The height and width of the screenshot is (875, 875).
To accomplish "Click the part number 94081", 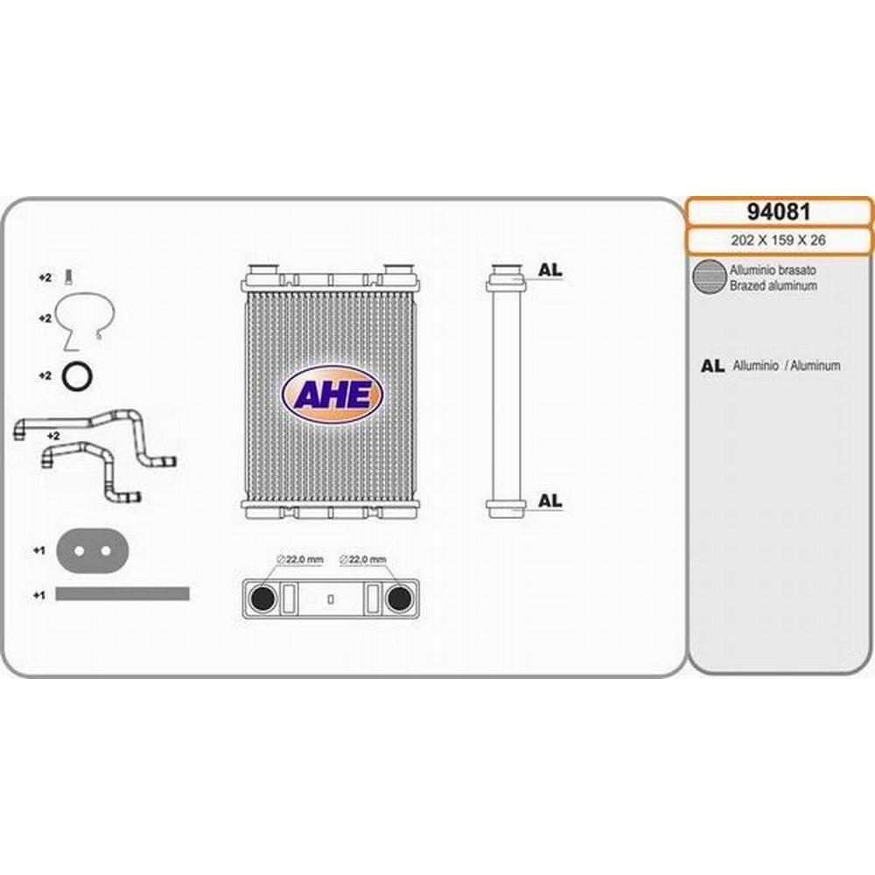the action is pyautogui.click(x=779, y=212).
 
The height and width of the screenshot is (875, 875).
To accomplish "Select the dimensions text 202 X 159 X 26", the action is pyautogui.click(x=778, y=241).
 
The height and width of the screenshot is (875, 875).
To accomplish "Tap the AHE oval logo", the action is pyautogui.click(x=332, y=395).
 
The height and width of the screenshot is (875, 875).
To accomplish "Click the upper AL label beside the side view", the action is pyautogui.click(x=549, y=270).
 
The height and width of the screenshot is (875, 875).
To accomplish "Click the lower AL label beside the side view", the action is pyautogui.click(x=549, y=501).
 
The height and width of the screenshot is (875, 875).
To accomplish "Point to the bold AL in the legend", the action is pyautogui.click(x=712, y=366).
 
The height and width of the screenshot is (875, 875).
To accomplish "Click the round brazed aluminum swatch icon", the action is pyautogui.click(x=709, y=276).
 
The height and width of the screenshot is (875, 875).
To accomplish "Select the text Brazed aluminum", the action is pyautogui.click(x=773, y=286).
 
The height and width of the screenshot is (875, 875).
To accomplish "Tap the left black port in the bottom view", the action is pyautogui.click(x=262, y=598).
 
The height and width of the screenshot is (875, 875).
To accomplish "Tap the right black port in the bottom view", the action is pyautogui.click(x=400, y=598).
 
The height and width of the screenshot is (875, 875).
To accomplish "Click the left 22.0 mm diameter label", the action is pyautogui.click(x=299, y=559).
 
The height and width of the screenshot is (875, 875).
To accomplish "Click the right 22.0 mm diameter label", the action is pyautogui.click(x=363, y=559).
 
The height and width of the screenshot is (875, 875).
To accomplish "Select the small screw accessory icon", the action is pyautogui.click(x=68, y=276).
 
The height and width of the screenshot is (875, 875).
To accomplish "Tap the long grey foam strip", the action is pyautogui.click(x=122, y=594).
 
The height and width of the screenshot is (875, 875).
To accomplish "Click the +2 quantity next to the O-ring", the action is pyautogui.click(x=45, y=376).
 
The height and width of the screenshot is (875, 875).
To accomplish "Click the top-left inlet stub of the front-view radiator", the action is pyautogui.click(x=263, y=270).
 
